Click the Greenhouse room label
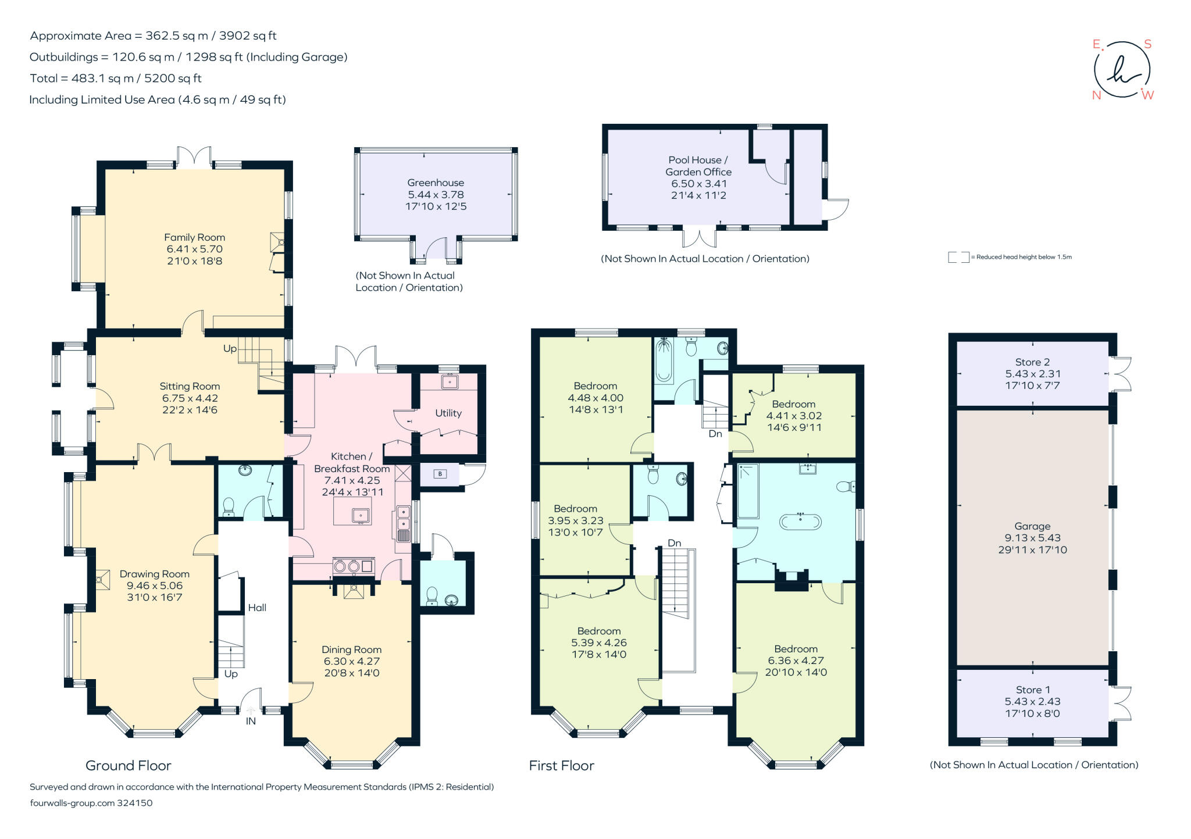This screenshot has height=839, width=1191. pyautogui.click(x=435, y=183)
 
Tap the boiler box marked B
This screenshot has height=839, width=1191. pyautogui.click(x=440, y=474)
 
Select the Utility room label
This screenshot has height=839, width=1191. pyautogui.click(x=448, y=413)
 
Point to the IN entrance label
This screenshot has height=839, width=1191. pyautogui.click(x=251, y=721)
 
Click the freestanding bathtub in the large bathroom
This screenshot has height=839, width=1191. pyautogui.click(x=801, y=521)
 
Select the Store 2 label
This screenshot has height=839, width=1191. pyautogui.click(x=1032, y=362)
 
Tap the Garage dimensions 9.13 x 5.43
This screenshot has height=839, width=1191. pyautogui.click(x=1032, y=538)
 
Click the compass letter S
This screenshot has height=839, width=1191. pyautogui.click(x=1147, y=44)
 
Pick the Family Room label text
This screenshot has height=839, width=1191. pyautogui.click(x=194, y=237)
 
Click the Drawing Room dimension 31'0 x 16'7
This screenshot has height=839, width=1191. pyautogui.click(x=154, y=597)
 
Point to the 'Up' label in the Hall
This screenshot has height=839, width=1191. pyautogui.click(x=231, y=674)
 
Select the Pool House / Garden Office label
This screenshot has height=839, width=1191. pyautogui.click(x=698, y=166)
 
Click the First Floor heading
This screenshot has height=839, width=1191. pyautogui.click(x=561, y=766)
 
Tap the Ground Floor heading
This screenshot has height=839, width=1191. pyautogui.click(x=129, y=766)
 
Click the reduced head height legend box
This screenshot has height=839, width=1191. pyautogui.click(x=958, y=257)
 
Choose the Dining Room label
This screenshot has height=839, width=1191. pyautogui.click(x=351, y=649)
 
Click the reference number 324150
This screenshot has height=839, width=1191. pyautogui.click(x=135, y=803)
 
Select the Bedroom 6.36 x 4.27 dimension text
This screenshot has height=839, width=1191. pyautogui.click(x=796, y=661)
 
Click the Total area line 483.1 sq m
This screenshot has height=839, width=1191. pyautogui.click(x=116, y=78)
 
